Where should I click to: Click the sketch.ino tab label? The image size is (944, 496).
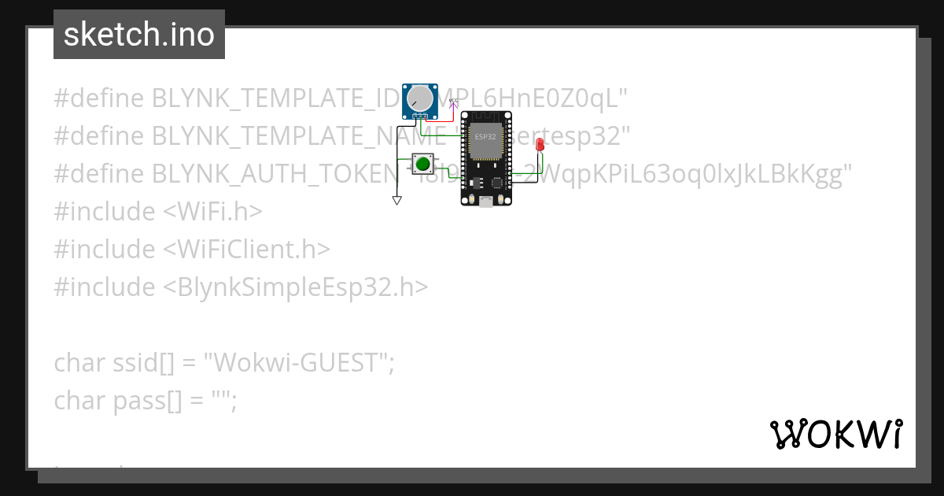[139, 35]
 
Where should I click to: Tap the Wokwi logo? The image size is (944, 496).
[835, 434]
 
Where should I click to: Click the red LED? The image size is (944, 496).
[540, 144]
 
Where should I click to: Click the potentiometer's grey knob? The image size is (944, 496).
[420, 98]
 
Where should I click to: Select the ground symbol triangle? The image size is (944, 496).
[397, 201]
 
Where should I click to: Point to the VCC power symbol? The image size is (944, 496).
[453, 102]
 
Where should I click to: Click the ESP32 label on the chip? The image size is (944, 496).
[485, 136]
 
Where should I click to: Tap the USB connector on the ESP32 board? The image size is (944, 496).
[486, 202]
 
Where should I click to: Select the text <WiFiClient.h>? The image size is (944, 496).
[247, 249]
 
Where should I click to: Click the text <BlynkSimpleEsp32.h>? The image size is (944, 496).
[296, 287]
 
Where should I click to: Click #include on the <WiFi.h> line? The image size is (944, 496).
[104, 211]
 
